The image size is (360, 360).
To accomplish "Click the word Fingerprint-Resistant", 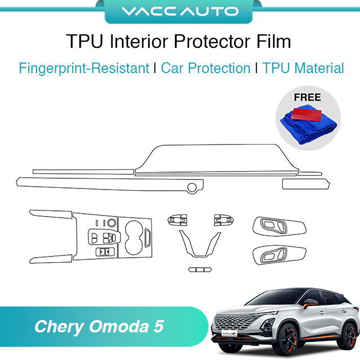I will pos(84,69).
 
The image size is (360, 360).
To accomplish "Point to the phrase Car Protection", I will pos(205,69).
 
